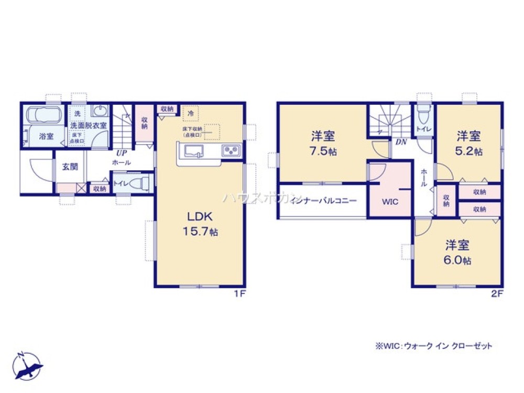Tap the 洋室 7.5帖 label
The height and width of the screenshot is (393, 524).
point(323,143)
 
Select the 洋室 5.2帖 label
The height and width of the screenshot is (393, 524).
point(469,143)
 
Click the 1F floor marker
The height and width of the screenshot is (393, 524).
point(239,294)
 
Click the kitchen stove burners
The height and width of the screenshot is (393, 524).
point(231,150)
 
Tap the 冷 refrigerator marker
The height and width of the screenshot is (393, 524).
point(191,113)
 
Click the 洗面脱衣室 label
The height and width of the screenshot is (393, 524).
point(89,126)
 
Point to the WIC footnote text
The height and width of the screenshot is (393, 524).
point(433,346)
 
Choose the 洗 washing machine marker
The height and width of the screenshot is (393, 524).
point(77,113)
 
